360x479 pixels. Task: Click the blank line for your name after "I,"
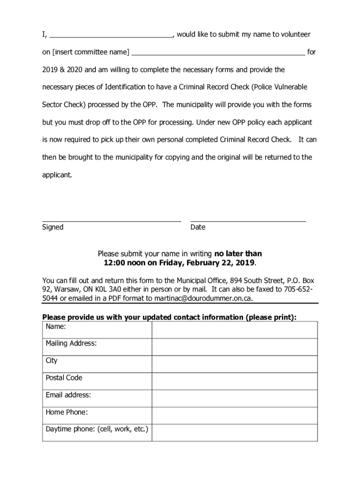tap(111, 35)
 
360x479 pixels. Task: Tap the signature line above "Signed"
tap(111, 219)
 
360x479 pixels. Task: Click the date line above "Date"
tap(248, 219)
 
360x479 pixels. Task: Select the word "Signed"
tap(53, 227)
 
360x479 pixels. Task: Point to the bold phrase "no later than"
tap(238, 254)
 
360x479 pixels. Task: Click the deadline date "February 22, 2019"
tap(220, 263)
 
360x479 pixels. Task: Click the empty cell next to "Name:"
tap(234, 330)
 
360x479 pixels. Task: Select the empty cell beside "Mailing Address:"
tap(234, 347)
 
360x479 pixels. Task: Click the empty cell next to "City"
tap(234, 364)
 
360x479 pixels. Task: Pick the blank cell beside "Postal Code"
tap(234, 381)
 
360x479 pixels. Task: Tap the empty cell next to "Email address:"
tap(234, 399)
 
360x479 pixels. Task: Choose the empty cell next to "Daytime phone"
tap(234, 433)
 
